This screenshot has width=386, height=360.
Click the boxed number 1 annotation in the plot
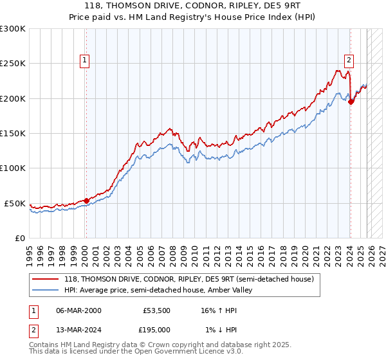tap(85, 61)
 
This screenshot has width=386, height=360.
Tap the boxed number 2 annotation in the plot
tap(349, 61)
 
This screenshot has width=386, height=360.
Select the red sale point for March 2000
tap(86, 201)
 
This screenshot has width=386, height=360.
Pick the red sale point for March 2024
tap(351, 102)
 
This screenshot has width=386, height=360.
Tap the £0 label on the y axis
tap(19, 238)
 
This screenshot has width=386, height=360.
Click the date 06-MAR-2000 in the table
tap(78, 310)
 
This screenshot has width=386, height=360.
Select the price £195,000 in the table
tap(156, 329)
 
